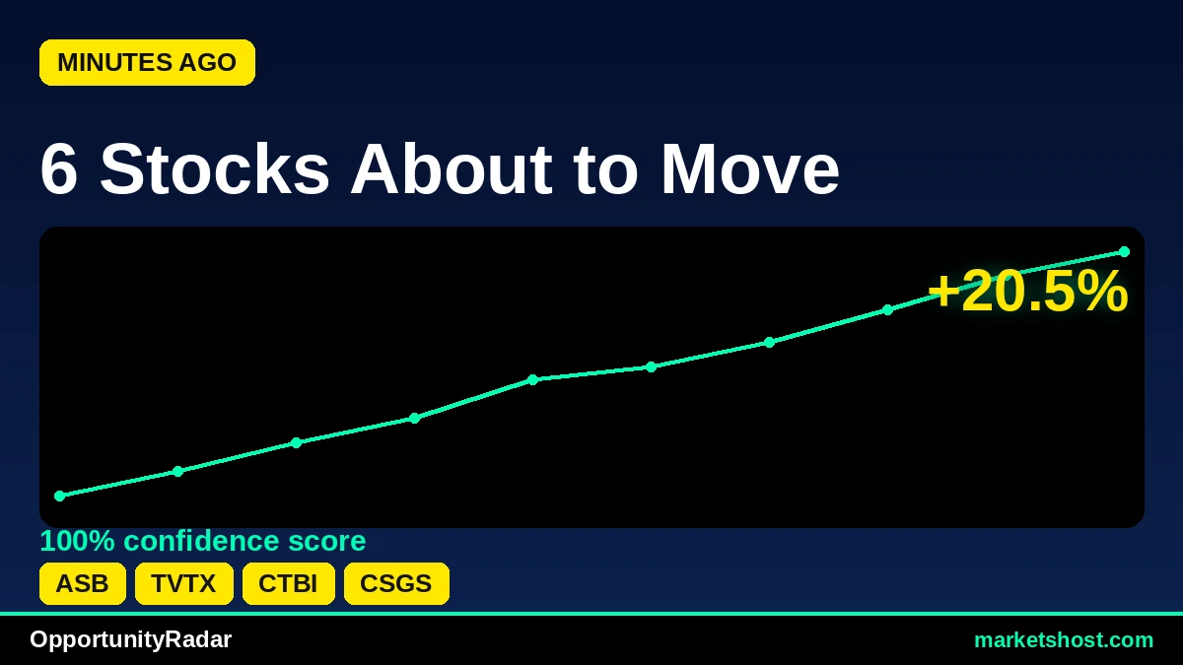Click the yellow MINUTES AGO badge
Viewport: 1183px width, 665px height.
[x=147, y=62]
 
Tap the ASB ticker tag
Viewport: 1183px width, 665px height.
[x=83, y=583]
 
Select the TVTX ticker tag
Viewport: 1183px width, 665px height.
[x=183, y=583]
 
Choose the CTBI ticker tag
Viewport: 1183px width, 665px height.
[x=288, y=583]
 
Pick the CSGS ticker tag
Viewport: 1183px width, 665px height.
[x=396, y=583]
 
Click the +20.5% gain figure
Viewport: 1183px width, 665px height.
[x=1027, y=291]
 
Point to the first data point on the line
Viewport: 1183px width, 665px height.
[x=60, y=497]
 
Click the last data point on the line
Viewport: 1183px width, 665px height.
[x=1125, y=252]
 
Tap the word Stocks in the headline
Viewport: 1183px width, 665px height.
[x=215, y=169]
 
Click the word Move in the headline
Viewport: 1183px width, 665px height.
[x=750, y=169]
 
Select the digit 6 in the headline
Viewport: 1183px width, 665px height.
[x=58, y=169]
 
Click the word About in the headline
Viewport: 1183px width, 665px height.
[x=452, y=169]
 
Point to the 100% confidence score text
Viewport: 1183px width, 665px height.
[x=203, y=541]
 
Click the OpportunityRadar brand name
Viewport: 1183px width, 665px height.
[x=130, y=639]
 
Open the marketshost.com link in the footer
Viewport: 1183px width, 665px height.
[x=1064, y=640]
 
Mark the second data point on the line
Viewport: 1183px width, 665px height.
[x=178, y=471]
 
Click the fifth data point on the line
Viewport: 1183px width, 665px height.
[x=533, y=379]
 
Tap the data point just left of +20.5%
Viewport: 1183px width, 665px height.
[x=888, y=309]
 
